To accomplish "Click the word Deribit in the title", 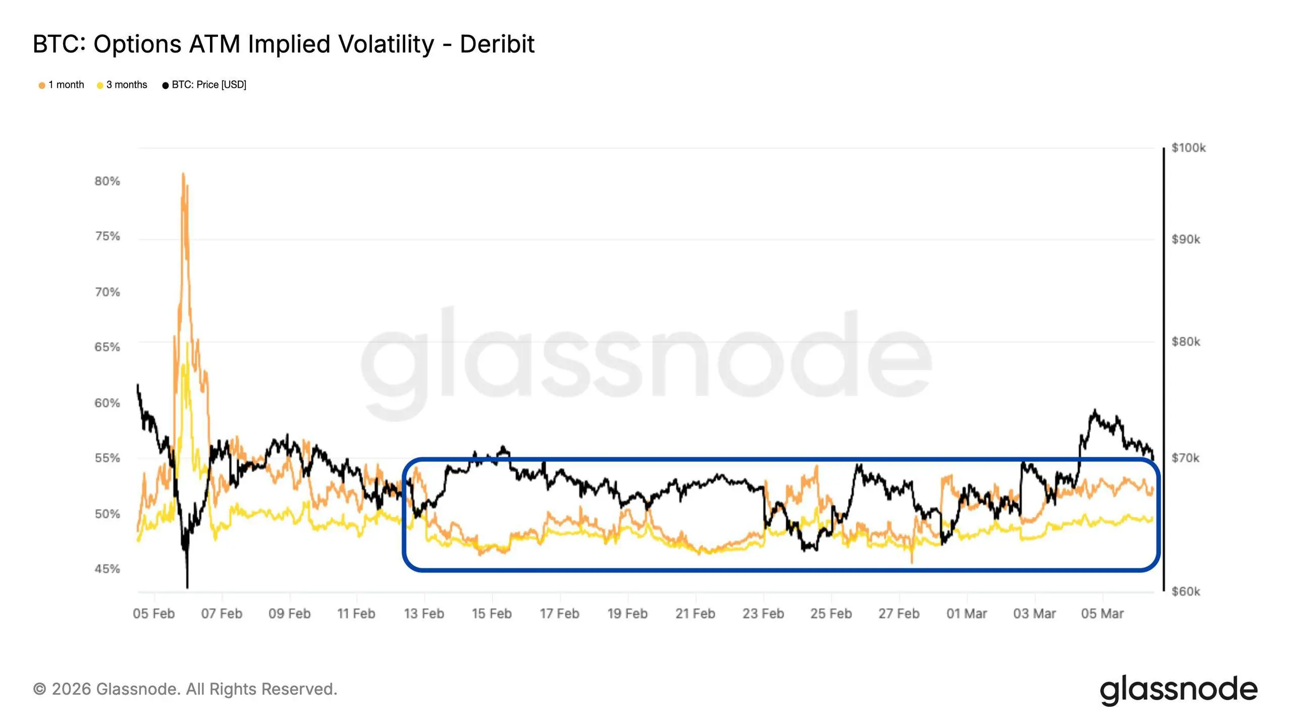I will [x=497, y=44].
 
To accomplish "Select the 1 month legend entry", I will [x=62, y=85].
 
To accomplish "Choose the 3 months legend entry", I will [x=122, y=85].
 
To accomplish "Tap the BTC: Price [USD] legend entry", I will [x=204, y=85].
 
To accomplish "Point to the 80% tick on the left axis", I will [x=107, y=181].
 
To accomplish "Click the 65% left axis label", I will [x=107, y=347].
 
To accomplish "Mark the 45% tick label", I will [x=107, y=569].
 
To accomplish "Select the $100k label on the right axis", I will [x=1189, y=148].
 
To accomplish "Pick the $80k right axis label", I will [x=1186, y=342].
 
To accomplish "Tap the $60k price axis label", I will [x=1186, y=591].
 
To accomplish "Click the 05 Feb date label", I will [x=154, y=614].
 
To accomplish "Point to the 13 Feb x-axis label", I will [x=424, y=614].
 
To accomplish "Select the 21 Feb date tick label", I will [x=695, y=614].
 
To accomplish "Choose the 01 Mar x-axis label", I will [x=966, y=614].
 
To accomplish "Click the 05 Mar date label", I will [x=1102, y=614].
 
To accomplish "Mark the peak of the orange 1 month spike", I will [x=183, y=174].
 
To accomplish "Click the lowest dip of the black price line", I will [x=187, y=587].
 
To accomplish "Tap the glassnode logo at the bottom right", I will [x=1179, y=690].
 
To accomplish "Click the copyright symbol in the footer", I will [x=39, y=689].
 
